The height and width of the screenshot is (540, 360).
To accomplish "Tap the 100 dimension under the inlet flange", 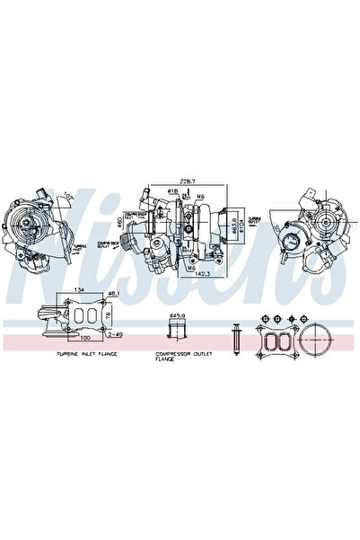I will click(84, 341).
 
